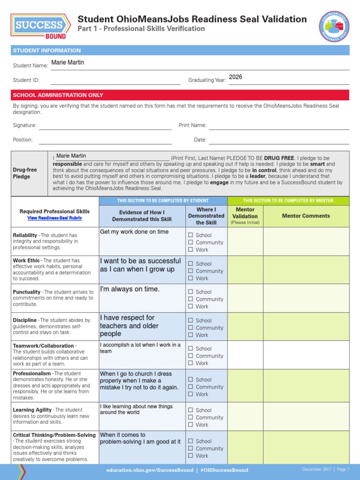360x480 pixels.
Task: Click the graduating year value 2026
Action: (x=235, y=77)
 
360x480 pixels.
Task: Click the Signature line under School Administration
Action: (x=105, y=126)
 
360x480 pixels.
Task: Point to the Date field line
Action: (x=278, y=140)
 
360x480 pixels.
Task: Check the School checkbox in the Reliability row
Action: (x=190, y=235)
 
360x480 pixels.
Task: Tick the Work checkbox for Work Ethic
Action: (x=190, y=278)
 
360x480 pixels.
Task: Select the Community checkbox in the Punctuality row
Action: (x=190, y=299)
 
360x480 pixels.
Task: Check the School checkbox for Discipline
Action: (x=190, y=321)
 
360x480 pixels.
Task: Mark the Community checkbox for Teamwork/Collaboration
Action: (x=190, y=356)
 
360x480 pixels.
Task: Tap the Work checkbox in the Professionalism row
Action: (x=190, y=394)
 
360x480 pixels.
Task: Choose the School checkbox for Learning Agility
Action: (x=190, y=410)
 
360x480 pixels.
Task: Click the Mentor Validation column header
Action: (x=245, y=216)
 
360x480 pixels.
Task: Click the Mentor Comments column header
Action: (x=306, y=216)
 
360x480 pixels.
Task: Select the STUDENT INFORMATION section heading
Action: (x=47, y=51)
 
